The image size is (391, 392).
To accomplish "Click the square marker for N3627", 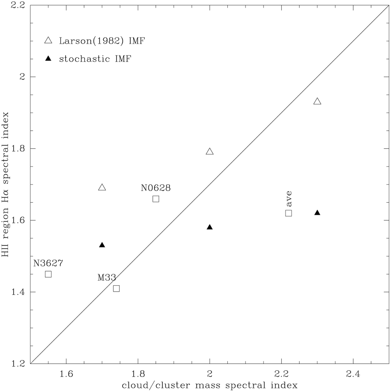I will [x=48, y=274].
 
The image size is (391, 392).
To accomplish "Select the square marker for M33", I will [x=116, y=288].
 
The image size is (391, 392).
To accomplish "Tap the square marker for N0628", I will [x=156, y=199].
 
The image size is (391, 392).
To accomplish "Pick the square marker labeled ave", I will [x=288, y=213].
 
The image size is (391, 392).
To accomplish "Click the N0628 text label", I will [x=156, y=188].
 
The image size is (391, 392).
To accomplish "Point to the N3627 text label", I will [x=48, y=263].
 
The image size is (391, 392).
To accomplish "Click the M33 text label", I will [x=107, y=278].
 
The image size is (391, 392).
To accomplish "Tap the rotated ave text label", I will [x=289, y=199].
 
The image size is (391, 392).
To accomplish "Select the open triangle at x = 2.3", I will [x=317, y=101].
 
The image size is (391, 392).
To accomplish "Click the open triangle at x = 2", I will [x=210, y=152].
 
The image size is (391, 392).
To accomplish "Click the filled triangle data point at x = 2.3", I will [x=317, y=213].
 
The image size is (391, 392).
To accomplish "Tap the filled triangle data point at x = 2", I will [x=210, y=227].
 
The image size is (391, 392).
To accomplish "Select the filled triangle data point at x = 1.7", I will [x=102, y=245].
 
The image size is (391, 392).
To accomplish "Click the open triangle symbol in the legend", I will [x=48, y=40].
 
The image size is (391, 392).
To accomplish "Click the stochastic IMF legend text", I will [x=95, y=59].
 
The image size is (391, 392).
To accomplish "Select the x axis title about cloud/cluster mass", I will [x=210, y=385].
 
